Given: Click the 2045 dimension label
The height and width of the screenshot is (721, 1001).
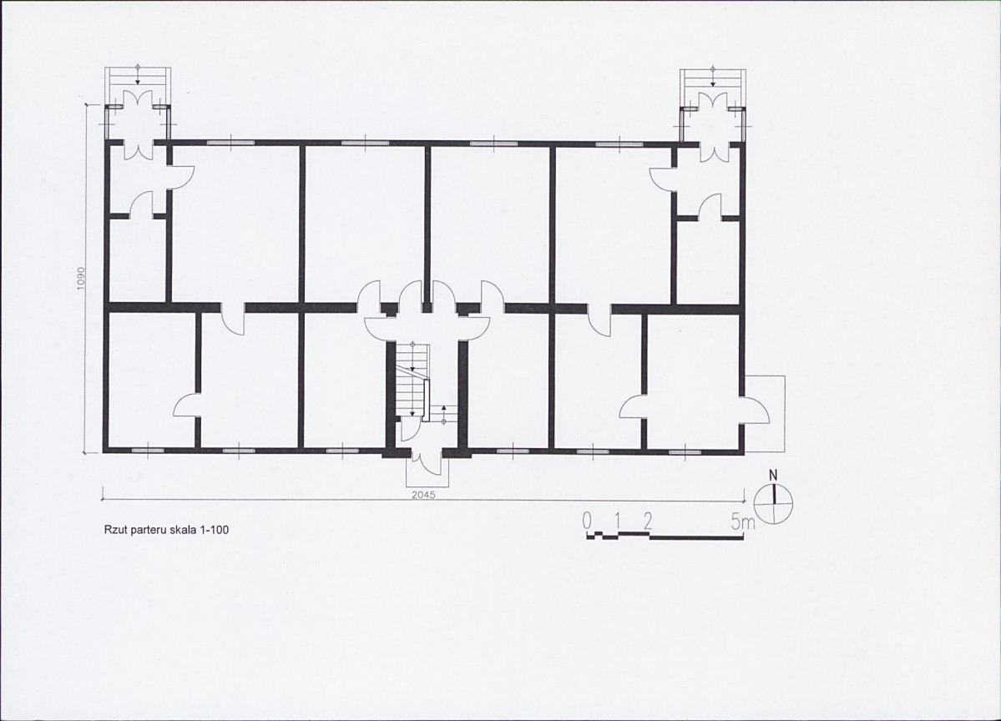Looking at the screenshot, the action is pyautogui.click(x=423, y=495).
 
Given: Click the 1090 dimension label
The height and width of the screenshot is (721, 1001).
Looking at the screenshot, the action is pyautogui.click(x=81, y=278).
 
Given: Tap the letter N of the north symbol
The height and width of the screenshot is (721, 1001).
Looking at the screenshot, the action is pyautogui.click(x=774, y=476).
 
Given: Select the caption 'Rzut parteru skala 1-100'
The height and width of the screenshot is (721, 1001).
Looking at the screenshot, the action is pyautogui.click(x=166, y=530).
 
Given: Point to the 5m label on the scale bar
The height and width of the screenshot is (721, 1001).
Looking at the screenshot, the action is pyautogui.click(x=743, y=522).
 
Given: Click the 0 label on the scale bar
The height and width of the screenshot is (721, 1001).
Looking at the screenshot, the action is pyautogui.click(x=587, y=522).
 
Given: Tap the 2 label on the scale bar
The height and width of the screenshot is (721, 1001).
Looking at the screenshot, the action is pyautogui.click(x=648, y=522).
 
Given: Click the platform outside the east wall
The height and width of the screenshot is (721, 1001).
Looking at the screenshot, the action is pyautogui.click(x=765, y=413).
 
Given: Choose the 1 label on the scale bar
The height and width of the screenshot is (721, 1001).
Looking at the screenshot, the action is pyautogui.click(x=617, y=522).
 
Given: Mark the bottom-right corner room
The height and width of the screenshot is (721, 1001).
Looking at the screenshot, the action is pyautogui.click(x=693, y=379).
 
